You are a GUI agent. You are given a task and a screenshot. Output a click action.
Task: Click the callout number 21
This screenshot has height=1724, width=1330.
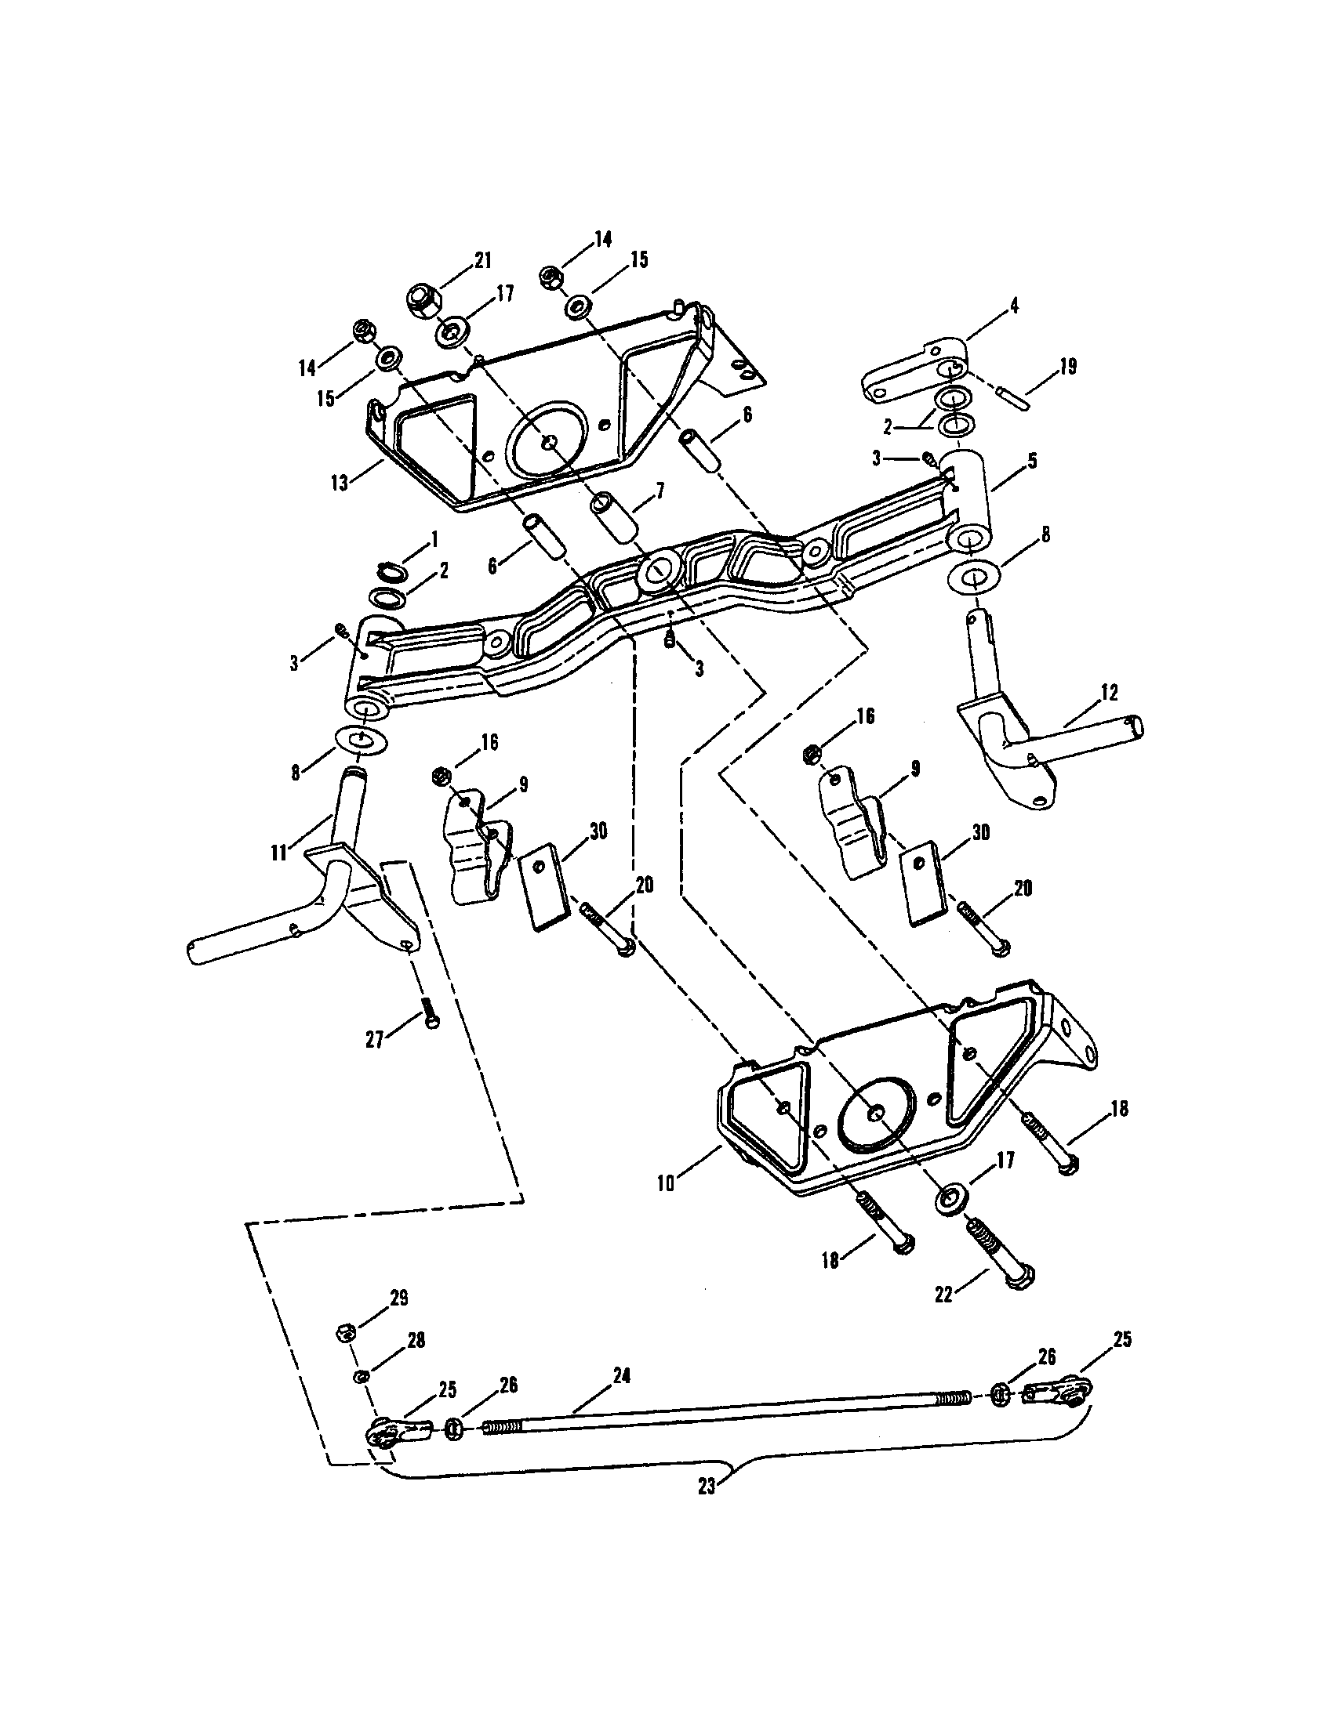click(x=481, y=259)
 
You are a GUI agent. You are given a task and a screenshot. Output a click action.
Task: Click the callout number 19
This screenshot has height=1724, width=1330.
click(x=1067, y=367)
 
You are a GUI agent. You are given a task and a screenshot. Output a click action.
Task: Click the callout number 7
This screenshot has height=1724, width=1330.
click(x=660, y=491)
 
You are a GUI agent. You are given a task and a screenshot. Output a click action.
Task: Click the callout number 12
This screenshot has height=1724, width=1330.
click(x=1109, y=692)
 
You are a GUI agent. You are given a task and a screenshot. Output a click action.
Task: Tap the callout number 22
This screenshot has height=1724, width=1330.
click(x=944, y=1295)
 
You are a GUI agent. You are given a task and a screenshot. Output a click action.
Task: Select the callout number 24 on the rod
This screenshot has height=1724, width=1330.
click(x=621, y=1375)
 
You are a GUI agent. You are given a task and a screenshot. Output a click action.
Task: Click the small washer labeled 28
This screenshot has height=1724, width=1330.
click(x=359, y=1378)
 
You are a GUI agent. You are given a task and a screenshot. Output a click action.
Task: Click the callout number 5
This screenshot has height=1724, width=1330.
click(x=1032, y=460)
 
